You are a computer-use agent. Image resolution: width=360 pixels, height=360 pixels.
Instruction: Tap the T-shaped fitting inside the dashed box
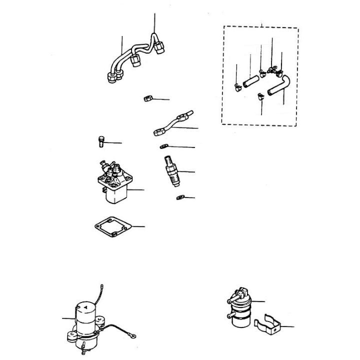(272, 69)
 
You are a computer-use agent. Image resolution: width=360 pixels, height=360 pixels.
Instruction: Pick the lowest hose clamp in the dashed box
(260, 96)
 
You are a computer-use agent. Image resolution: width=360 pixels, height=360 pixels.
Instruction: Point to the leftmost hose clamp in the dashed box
(237, 88)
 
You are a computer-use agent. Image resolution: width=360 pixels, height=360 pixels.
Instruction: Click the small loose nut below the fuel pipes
(148, 98)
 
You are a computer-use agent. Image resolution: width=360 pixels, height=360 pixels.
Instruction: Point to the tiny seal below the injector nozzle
(179, 198)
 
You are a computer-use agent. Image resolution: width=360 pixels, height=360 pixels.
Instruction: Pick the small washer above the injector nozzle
(163, 146)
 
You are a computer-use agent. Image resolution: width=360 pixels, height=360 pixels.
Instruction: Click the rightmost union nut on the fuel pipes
(160, 48)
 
